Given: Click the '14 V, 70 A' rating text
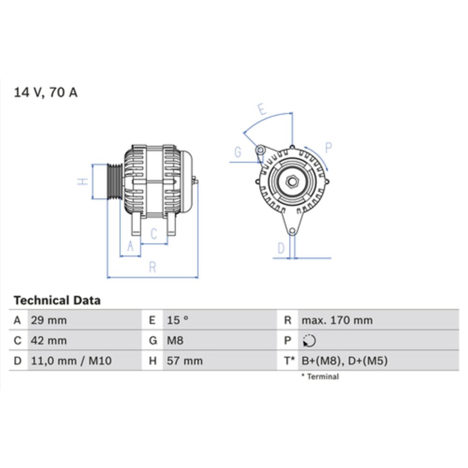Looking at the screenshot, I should pos(46,92).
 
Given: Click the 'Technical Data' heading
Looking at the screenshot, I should pos(57,300).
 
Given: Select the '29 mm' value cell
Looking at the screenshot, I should pos(49,321).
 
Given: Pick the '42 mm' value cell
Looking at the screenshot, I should pos(49,341).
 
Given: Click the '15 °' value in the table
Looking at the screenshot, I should pos(178,321).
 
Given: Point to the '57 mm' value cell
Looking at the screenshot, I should pos(185,361).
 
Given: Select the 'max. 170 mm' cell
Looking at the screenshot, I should pos(337,321).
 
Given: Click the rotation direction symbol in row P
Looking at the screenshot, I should pos(309,341).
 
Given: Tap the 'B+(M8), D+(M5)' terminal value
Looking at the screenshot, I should pos(344,361).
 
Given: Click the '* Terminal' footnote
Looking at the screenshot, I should pos(320,376).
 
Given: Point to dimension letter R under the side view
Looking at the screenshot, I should pos(152,267).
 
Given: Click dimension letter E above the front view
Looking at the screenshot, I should pos(262,110).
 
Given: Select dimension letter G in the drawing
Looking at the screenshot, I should pos(238,152).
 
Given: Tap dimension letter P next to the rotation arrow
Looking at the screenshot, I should pos(328,148).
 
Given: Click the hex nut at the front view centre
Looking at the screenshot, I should pos(292,181).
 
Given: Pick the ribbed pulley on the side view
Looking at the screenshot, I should pos(114,182).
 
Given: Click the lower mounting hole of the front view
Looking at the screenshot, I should pos(292,231).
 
